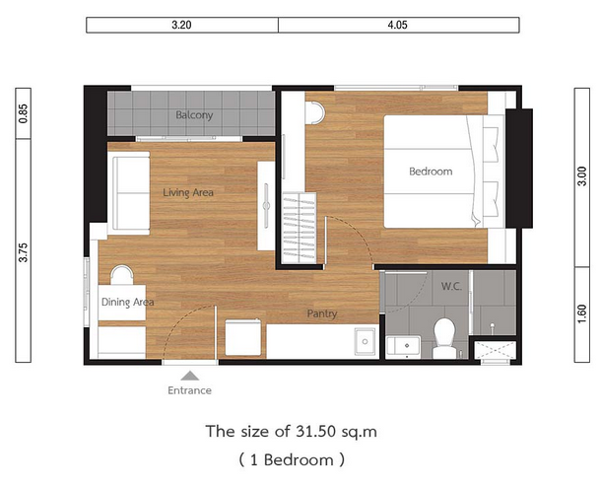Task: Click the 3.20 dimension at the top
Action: pos(181,25)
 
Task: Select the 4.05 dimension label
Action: pos(397,25)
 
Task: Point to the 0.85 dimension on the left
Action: pos(24,113)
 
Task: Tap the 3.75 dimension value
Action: pos(24,252)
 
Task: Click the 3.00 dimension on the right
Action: pos(582,176)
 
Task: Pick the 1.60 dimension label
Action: pos(582,313)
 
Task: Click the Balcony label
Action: pos(194,115)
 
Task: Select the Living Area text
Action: pos(188,192)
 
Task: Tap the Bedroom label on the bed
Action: pos(431,172)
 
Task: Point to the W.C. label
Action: pos(451,286)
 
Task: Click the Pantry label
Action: pos(322,313)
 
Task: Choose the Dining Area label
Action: pos(127,302)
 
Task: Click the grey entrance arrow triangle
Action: pos(189,376)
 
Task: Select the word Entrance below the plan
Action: pos(189,390)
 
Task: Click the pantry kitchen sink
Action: pos(366,341)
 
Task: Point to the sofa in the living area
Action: pos(129,193)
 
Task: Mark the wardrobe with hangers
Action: pos(300,228)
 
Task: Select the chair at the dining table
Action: pos(122,275)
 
